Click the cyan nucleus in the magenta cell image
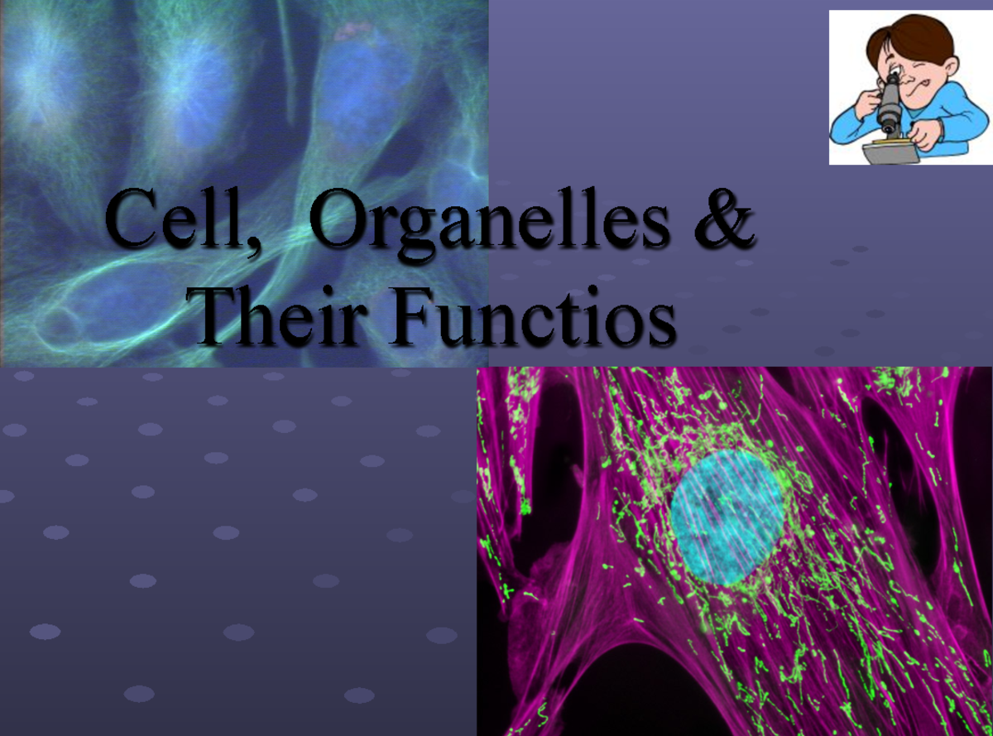[727, 517]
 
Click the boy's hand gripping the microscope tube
[868, 101]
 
